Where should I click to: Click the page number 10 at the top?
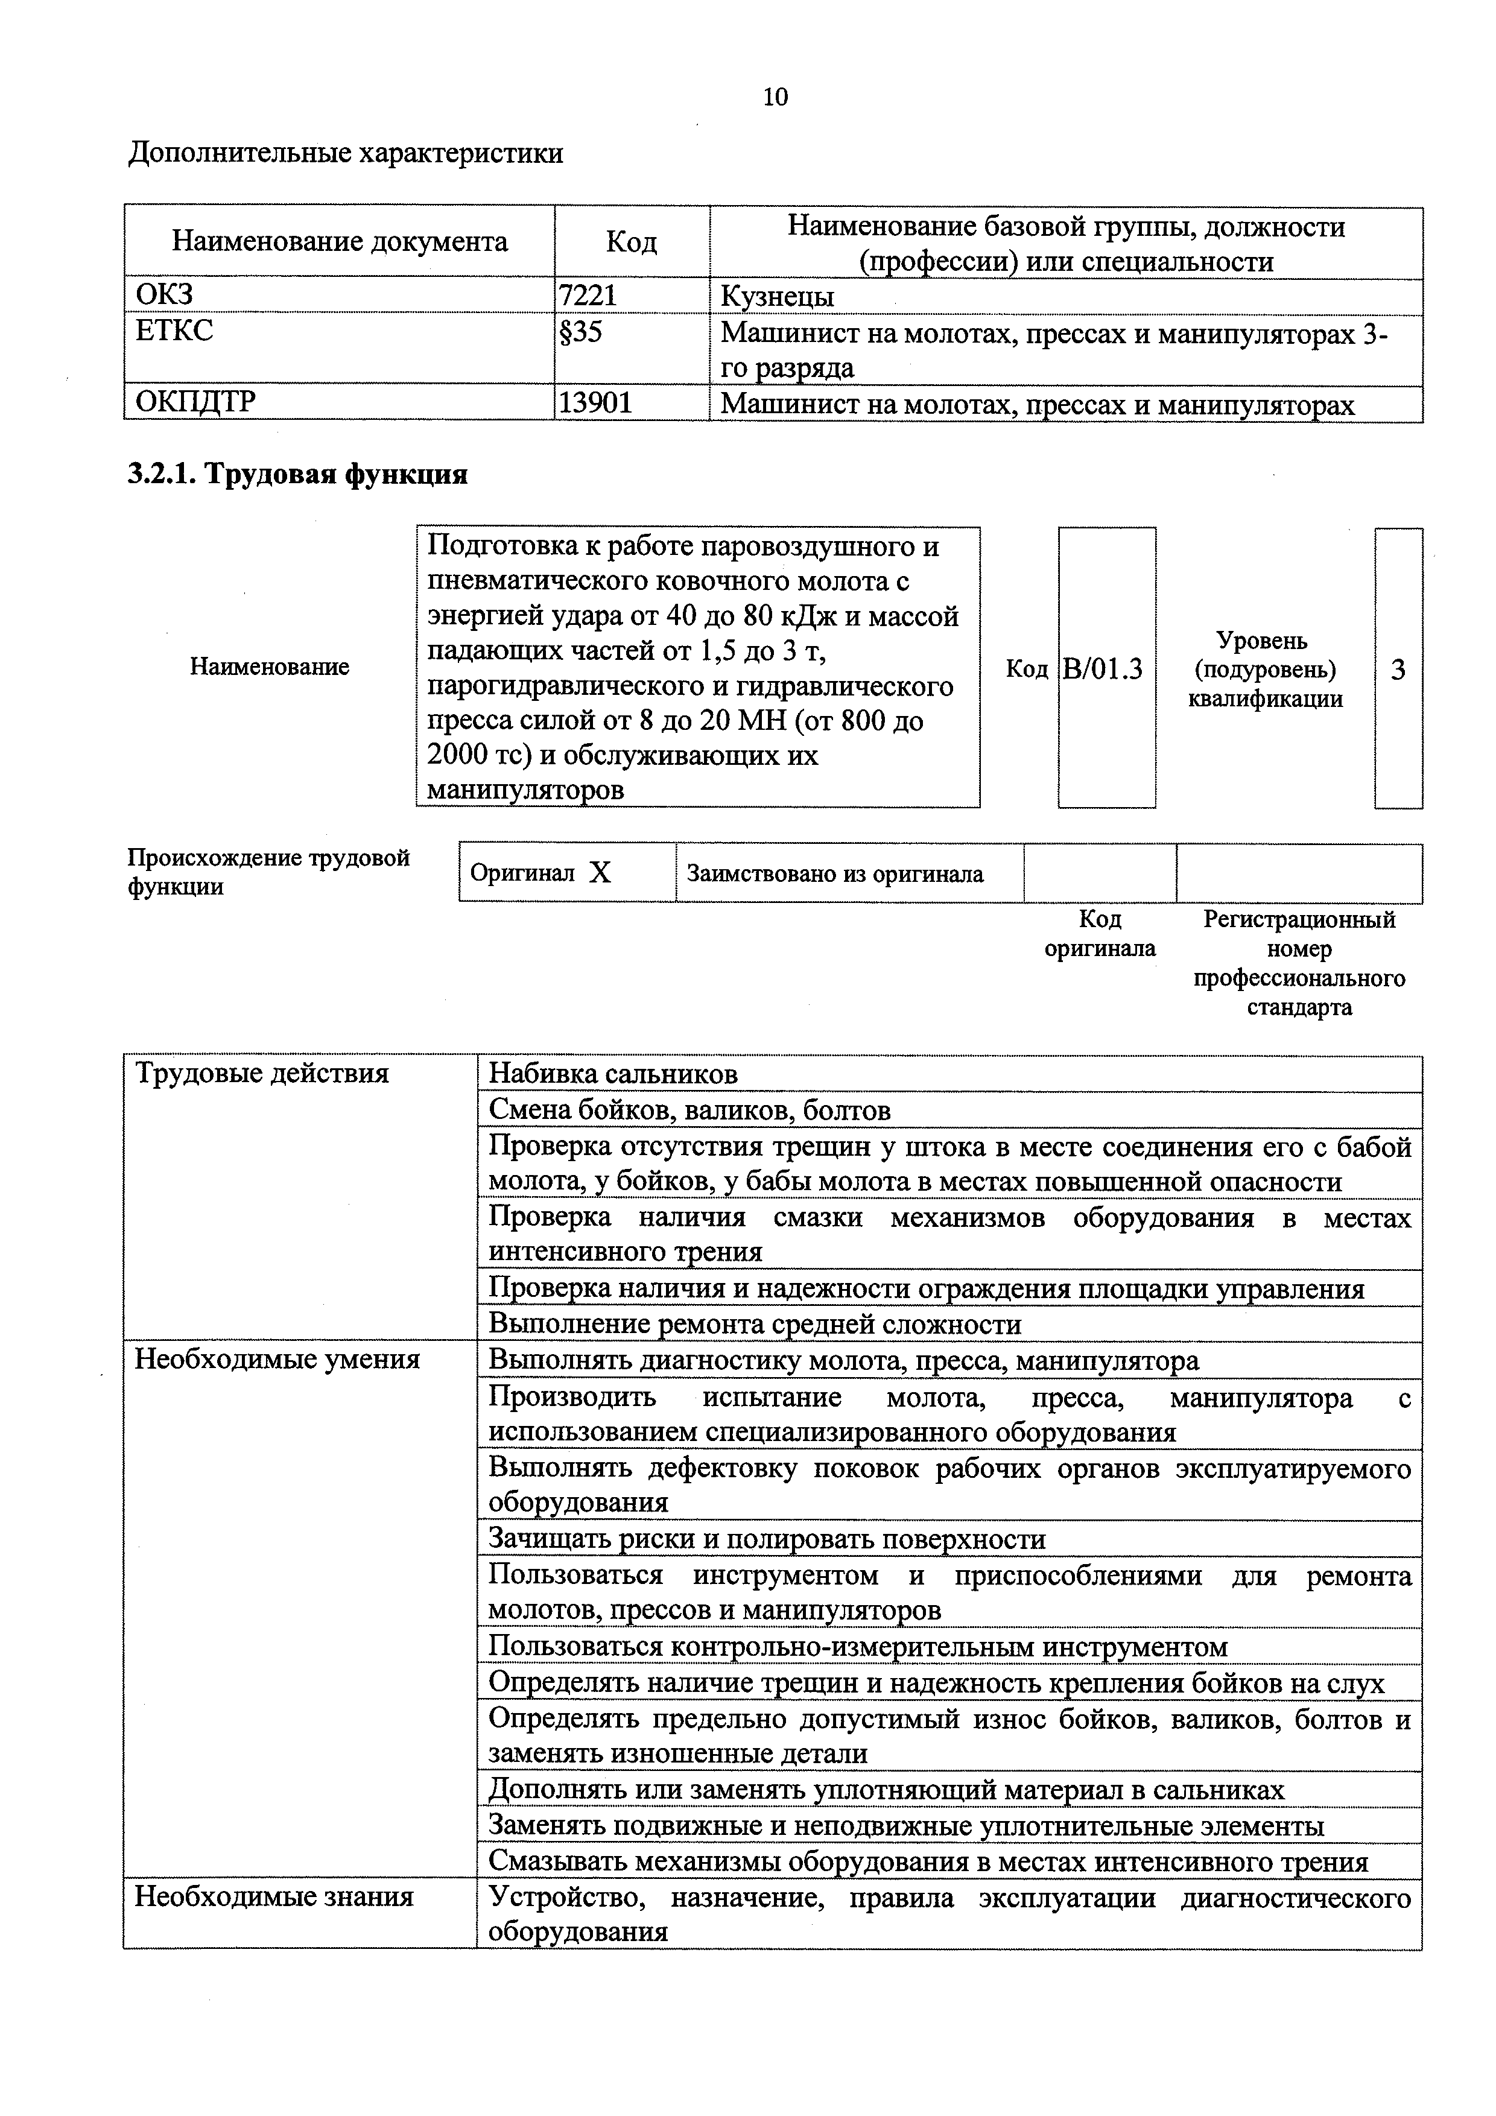point(775,97)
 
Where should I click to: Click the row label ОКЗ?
point(165,296)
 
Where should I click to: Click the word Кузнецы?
point(776,297)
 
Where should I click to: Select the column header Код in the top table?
point(632,242)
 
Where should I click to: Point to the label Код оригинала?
point(1100,934)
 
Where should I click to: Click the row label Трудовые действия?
point(262,1074)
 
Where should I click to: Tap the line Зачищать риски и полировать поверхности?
point(767,1539)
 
